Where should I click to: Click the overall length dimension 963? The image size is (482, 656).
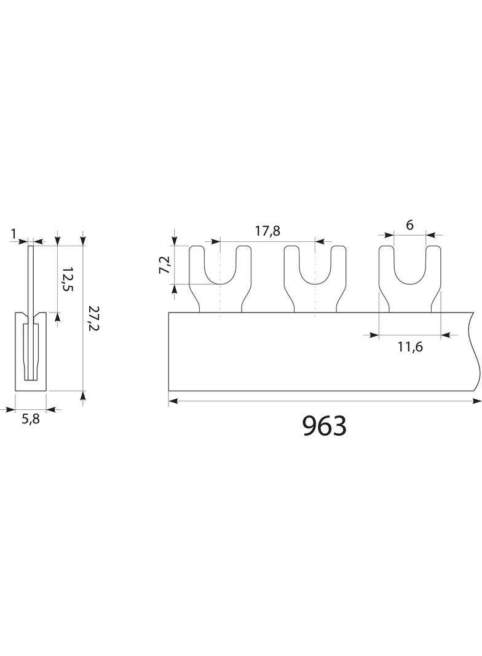coord(325,426)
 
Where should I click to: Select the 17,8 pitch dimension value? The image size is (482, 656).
coord(267,231)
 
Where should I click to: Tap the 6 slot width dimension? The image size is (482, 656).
coord(409,225)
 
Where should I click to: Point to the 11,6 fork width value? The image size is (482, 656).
coord(410,346)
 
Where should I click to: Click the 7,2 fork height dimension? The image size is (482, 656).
coord(165,265)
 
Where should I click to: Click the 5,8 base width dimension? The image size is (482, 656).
coord(31,419)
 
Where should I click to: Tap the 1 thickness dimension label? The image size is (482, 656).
coord(14,233)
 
